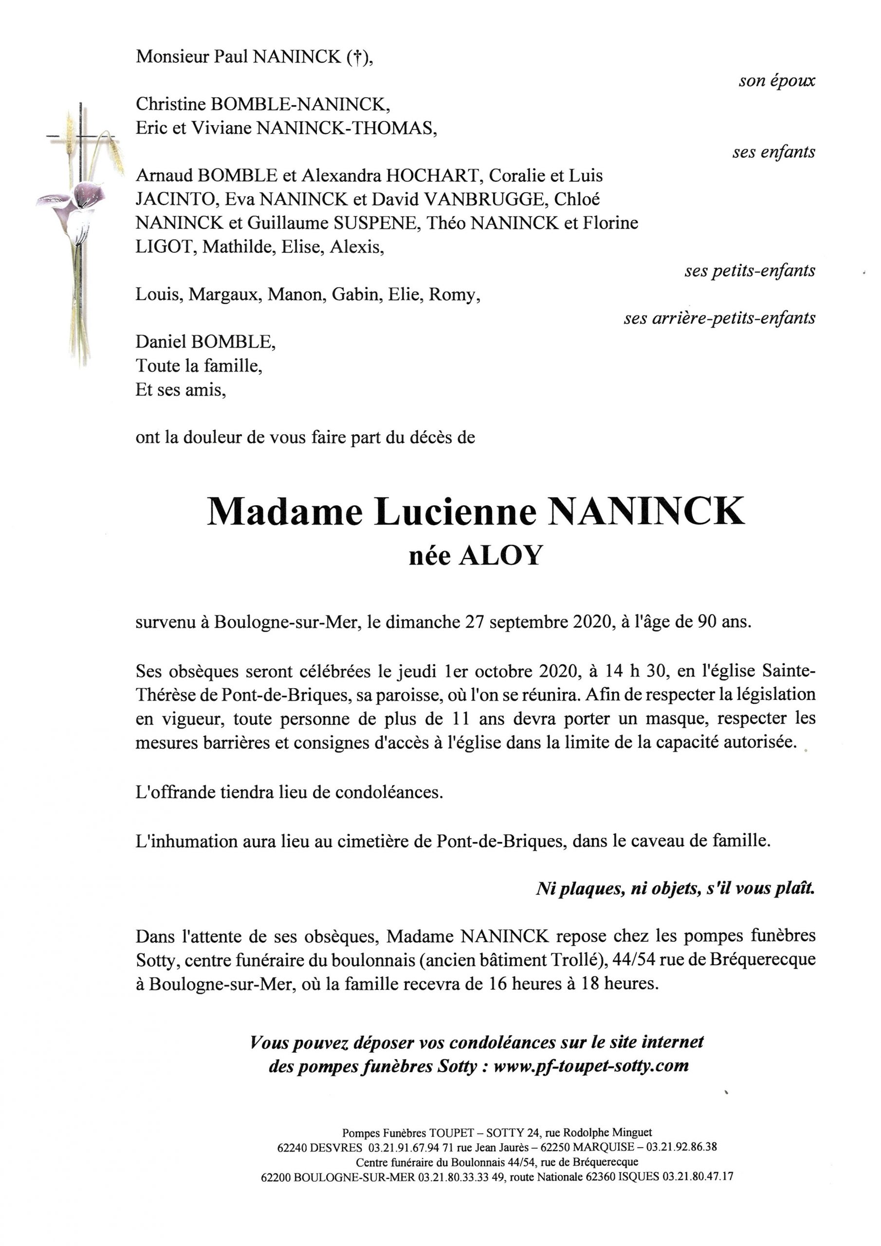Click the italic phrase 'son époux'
(776, 81)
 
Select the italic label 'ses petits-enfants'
(749, 270)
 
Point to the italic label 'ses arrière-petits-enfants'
(719, 318)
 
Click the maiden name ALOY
(500, 555)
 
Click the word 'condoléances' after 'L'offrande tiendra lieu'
(388, 792)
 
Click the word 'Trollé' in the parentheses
(576, 959)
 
